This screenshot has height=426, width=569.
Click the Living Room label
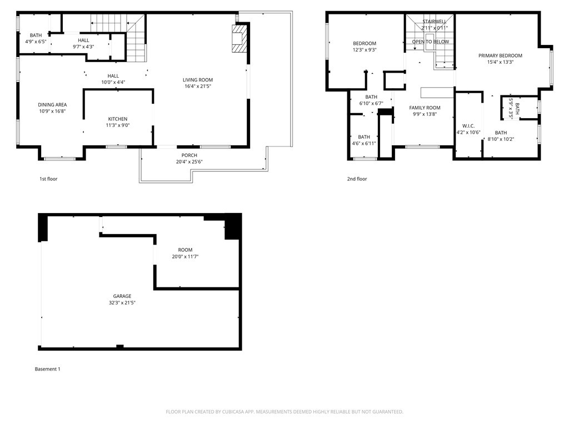(198, 80)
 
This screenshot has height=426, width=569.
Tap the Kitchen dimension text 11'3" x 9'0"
(118, 125)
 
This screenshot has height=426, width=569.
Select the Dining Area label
(52, 105)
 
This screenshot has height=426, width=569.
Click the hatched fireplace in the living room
(239, 38)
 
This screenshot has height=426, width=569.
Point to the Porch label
(189, 155)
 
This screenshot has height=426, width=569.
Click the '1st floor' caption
(48, 179)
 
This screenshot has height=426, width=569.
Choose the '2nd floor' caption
(357, 179)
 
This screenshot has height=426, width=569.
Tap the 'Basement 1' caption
(48, 369)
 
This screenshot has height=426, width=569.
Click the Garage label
(122, 296)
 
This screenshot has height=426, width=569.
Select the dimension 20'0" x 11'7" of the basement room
(185, 256)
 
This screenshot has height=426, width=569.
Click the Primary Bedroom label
(500, 56)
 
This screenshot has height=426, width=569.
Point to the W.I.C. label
(468, 126)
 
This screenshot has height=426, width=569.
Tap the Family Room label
(425, 108)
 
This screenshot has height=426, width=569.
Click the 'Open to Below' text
(431, 42)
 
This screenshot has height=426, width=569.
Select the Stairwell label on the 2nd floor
(435, 22)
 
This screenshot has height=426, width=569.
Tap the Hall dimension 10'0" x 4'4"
(113, 82)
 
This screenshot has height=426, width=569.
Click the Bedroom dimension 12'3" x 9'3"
(365, 50)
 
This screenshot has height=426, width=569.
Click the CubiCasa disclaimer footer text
(284, 412)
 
